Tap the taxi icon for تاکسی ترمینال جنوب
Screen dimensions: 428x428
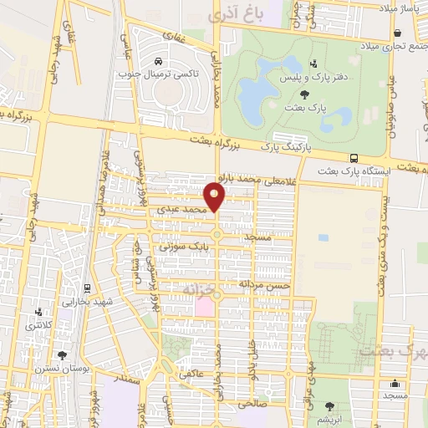tap(158, 61)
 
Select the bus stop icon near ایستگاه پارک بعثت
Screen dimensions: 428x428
tap(355, 158)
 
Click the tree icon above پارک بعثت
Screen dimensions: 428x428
tap(313, 94)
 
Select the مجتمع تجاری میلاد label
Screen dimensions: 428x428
tap(393, 45)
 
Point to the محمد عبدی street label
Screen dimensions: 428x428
tap(181, 209)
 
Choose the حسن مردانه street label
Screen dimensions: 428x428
tap(264, 284)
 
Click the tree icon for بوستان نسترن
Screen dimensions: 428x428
tap(62, 355)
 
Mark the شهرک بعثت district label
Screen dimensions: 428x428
tap(392, 350)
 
